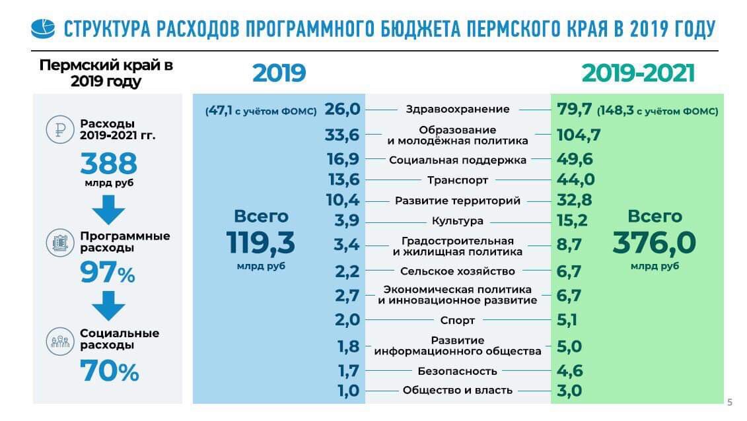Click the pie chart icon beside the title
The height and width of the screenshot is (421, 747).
(44, 29)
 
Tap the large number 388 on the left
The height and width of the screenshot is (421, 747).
(108, 164)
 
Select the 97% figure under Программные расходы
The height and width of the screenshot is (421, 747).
(108, 272)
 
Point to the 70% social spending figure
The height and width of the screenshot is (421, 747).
(109, 373)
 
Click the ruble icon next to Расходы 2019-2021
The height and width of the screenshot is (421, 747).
(59, 130)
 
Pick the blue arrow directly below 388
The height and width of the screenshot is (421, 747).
(108, 210)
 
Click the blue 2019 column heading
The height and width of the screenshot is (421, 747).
(279, 73)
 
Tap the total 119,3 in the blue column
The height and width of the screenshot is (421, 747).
(261, 242)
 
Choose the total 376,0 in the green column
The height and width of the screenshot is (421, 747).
(654, 242)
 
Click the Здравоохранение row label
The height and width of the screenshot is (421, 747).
(458, 110)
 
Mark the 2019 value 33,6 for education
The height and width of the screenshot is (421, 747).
(342, 135)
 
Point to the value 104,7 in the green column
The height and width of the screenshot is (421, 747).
(579, 135)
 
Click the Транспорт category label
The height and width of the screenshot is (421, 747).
(458, 180)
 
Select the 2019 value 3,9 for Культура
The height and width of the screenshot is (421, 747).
(346, 221)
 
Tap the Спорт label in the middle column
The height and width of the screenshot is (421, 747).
(458, 321)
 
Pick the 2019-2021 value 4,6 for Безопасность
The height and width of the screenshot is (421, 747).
(569, 371)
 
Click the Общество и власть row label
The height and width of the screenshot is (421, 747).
(458, 391)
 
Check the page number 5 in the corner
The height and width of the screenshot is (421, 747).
(730, 402)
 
